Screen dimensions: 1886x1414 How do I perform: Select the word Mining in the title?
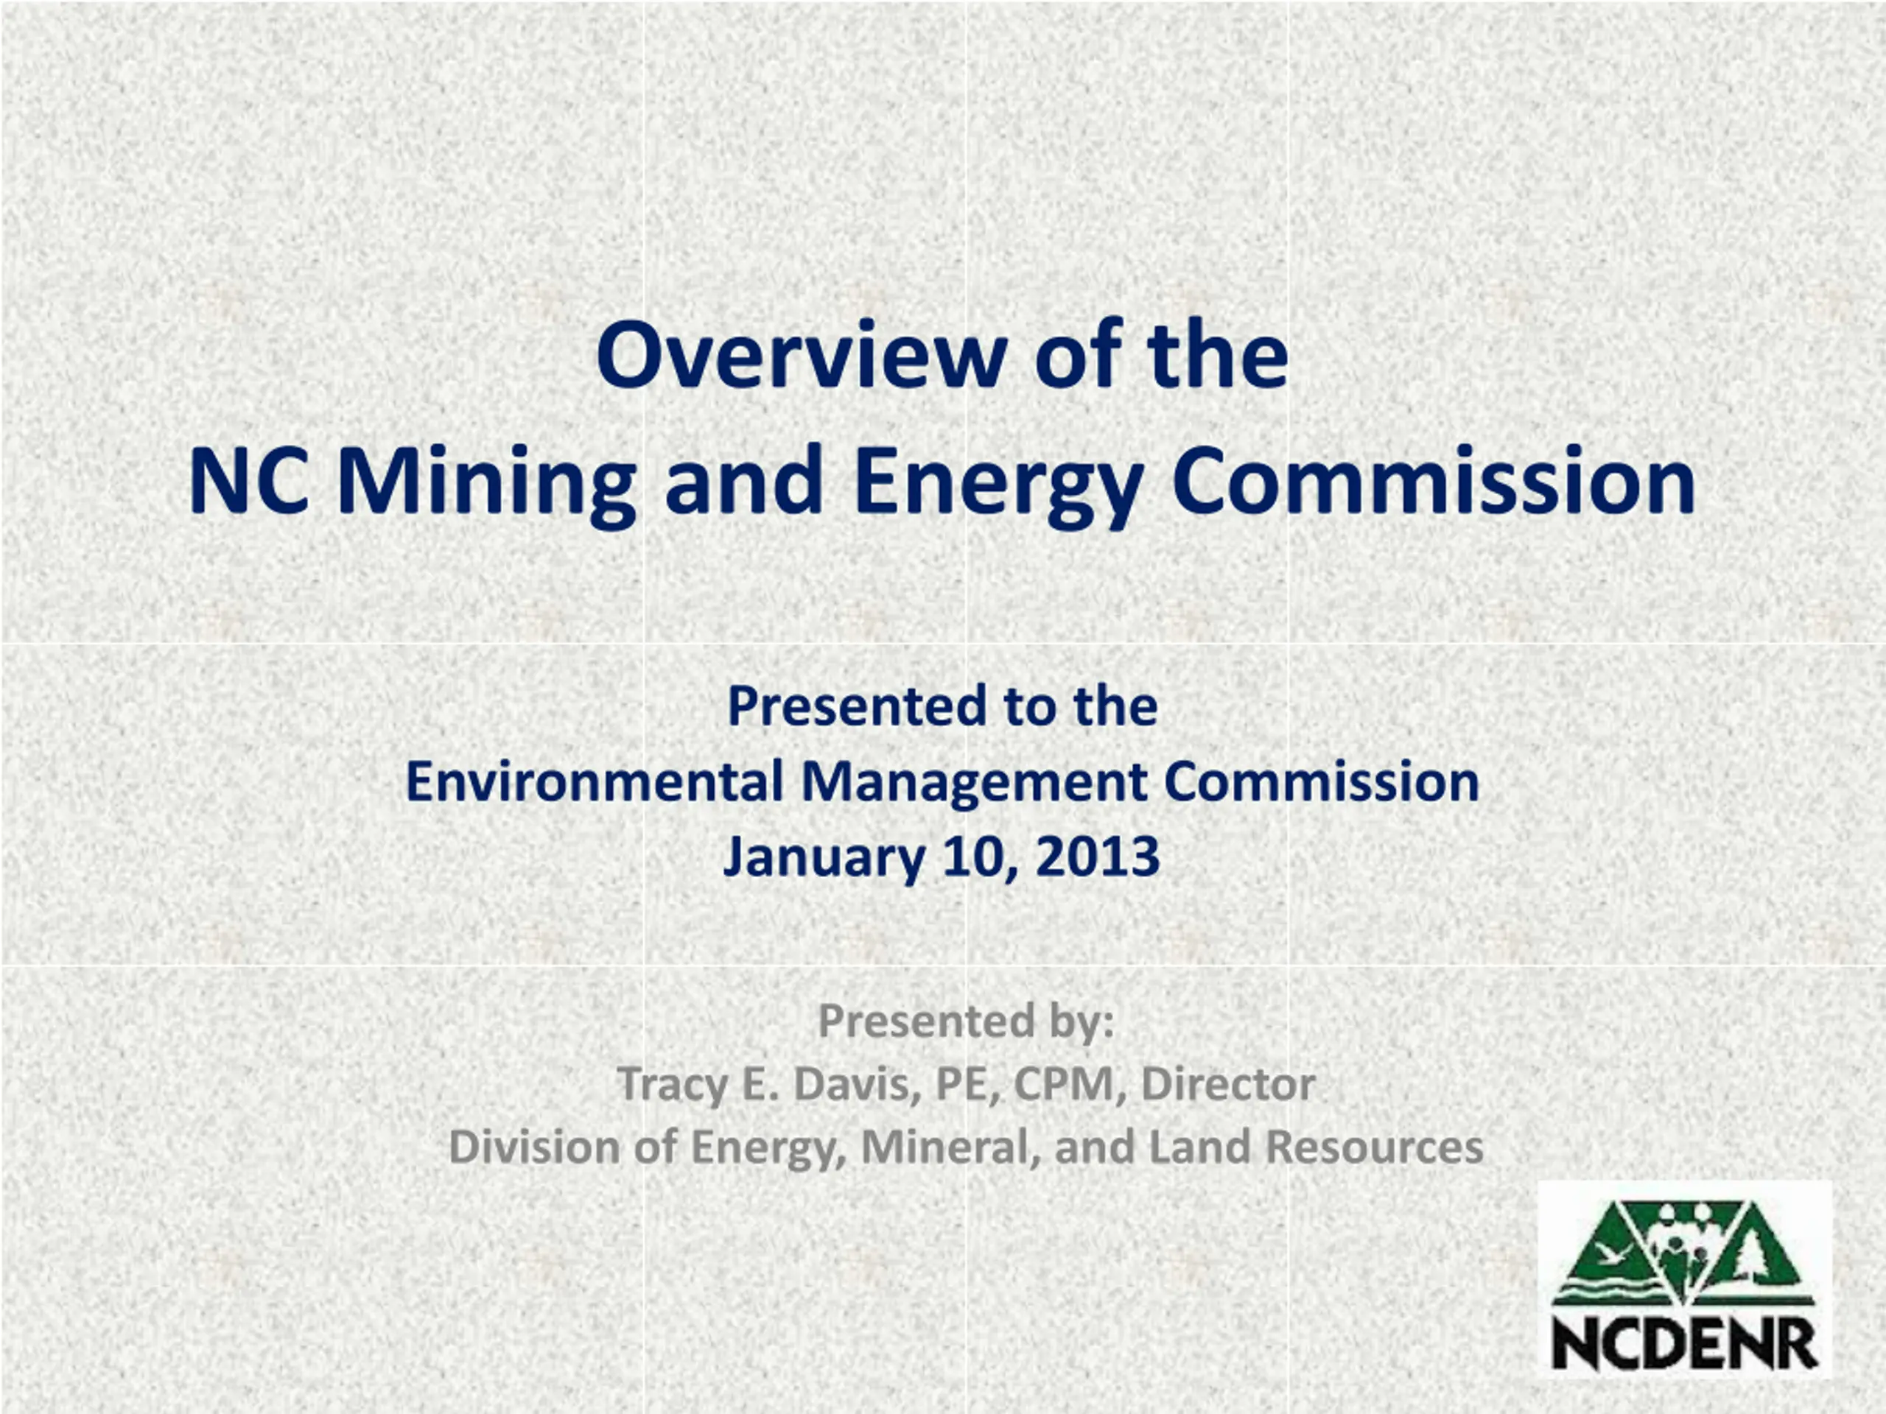pyautogui.click(x=487, y=487)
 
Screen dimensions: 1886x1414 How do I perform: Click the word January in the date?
pyautogui.click(x=824, y=858)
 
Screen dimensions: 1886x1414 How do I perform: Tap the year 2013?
pyautogui.click(x=1099, y=857)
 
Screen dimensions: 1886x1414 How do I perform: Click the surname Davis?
pyautogui.click(x=857, y=1085)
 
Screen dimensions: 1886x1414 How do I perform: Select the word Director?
pyautogui.click(x=1228, y=1084)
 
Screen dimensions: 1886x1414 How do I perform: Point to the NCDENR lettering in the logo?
pyautogui.click(x=1686, y=1346)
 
